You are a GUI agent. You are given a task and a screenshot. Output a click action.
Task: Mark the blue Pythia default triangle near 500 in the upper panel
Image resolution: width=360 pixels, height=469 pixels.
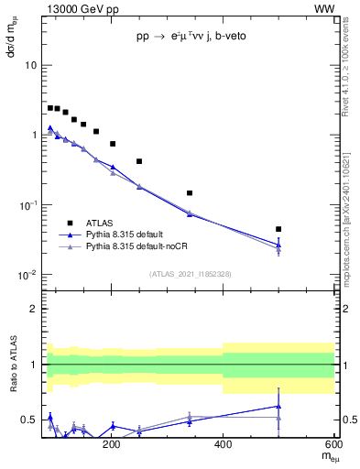click(x=278, y=245)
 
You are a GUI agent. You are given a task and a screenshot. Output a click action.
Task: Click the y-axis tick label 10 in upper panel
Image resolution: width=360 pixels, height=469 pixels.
click(x=31, y=66)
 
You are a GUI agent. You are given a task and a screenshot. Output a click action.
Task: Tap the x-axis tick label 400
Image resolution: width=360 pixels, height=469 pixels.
click(x=223, y=444)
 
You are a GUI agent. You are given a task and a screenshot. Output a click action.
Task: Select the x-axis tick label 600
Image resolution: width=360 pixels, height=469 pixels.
click(x=333, y=444)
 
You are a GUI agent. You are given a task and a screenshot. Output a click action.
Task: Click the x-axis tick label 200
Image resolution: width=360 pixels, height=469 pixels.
click(x=112, y=444)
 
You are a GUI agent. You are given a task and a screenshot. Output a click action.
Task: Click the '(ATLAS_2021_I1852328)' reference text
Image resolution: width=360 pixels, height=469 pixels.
click(x=189, y=274)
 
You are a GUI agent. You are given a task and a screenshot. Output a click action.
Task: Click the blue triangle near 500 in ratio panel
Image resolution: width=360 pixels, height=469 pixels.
click(x=278, y=406)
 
